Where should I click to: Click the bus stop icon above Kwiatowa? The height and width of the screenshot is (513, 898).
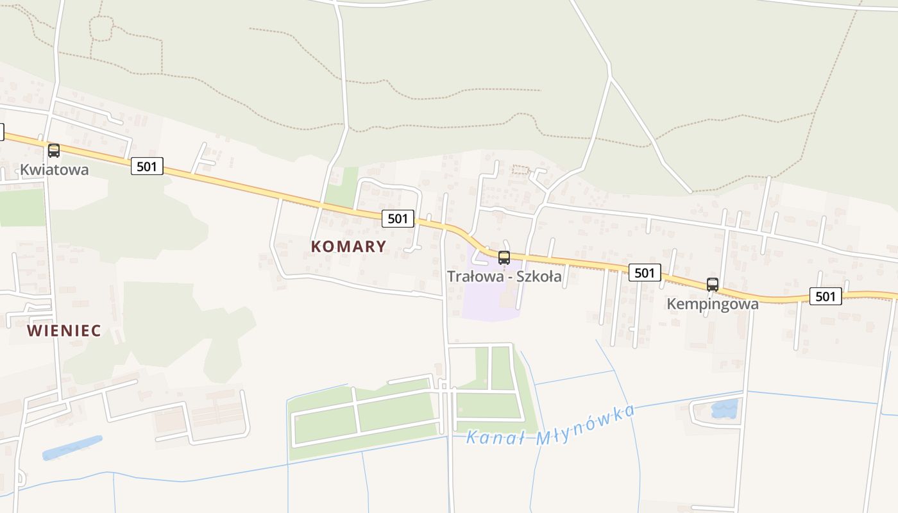54,151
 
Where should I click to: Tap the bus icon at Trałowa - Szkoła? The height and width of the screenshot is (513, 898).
504,258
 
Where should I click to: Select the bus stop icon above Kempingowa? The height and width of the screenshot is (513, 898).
713,285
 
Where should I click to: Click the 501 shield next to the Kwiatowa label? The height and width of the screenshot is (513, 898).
147,167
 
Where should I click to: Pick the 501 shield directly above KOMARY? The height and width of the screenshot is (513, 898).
398,219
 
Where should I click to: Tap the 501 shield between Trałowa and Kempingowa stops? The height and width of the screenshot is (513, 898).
644,273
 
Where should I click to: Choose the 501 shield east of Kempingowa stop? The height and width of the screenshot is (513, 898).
826,296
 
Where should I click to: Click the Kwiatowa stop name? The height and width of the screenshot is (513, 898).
55,170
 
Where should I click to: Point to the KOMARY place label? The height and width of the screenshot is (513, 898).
349,246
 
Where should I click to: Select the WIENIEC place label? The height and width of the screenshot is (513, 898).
64,331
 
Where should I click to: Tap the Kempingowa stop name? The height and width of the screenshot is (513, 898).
713,304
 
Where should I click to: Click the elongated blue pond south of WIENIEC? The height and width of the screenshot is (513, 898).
72,448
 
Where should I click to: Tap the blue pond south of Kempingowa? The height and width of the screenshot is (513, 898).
725,409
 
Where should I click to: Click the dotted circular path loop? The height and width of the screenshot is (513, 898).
101,28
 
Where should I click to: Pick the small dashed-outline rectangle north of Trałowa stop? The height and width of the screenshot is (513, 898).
520,170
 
